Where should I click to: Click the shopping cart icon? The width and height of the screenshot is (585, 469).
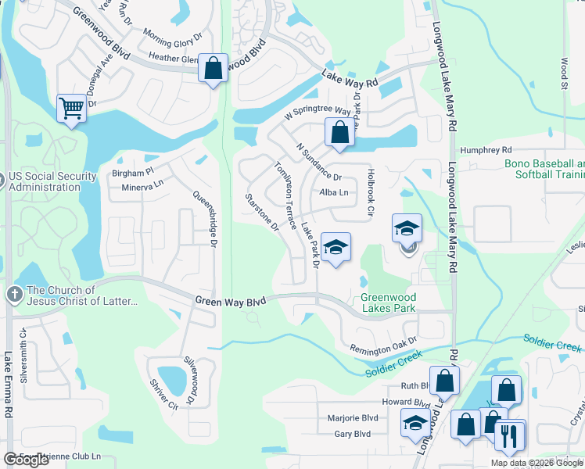coord(71,108)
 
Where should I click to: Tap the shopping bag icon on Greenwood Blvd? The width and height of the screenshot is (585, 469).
coord(213,68)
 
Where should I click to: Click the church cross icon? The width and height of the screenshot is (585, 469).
coord(13,294)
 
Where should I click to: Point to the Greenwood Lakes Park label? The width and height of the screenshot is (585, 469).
coord(388,303)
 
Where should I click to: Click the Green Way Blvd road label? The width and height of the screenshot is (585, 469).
coord(231,300)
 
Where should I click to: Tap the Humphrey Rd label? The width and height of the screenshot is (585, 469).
coord(485,149)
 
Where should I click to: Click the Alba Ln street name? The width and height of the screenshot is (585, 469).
coord(333,192)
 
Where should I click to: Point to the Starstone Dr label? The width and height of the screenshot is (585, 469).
coord(262,213)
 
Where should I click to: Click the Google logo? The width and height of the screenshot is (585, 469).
coord(27,460)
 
